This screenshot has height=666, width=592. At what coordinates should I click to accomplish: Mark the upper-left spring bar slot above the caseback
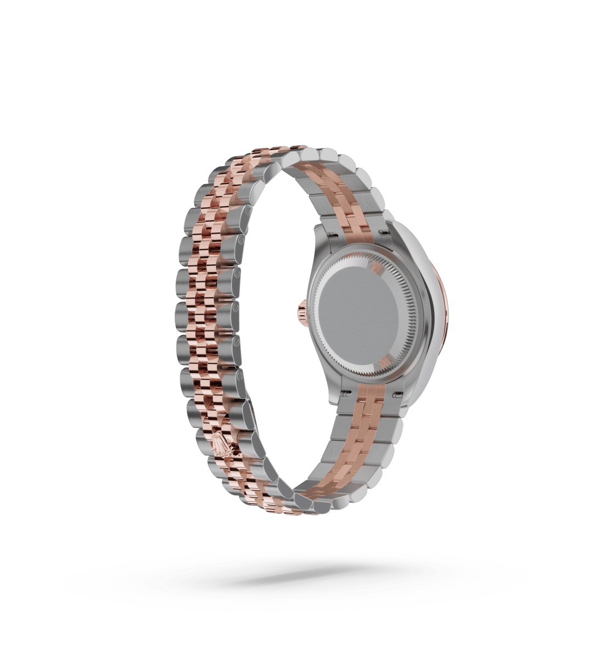[333, 236]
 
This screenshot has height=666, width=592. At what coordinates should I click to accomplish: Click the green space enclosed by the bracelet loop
[280, 329]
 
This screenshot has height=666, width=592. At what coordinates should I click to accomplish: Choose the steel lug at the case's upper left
[321, 233]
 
